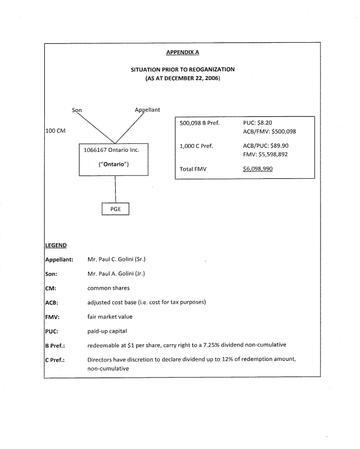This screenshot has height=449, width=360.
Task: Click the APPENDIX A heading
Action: pos(183,53)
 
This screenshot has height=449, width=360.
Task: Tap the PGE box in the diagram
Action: pos(116,209)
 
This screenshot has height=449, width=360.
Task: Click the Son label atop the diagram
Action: pos(77,110)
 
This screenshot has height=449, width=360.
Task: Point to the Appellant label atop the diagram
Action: pos(147,110)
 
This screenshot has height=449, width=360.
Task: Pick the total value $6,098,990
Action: pos(257,169)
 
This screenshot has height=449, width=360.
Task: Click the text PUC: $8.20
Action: pos(257,123)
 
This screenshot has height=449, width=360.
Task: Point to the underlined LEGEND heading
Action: pos(56,246)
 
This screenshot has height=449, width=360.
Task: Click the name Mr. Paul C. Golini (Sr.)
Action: pos(116,259)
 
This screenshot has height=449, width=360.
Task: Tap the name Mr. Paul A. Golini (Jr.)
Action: pos(116,273)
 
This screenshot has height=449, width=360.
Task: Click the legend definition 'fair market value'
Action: pos(110,317)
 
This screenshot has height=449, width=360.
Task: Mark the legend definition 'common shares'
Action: pos(108,288)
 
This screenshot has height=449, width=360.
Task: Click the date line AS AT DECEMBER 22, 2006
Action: pos(183,78)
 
